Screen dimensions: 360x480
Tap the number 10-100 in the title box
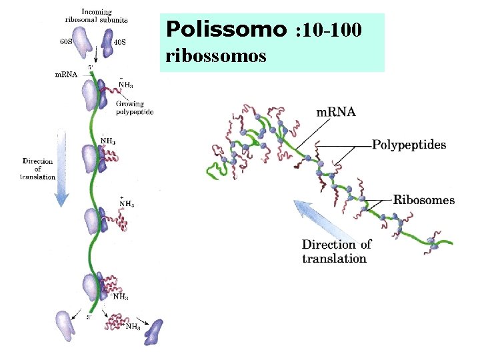pos(331,30)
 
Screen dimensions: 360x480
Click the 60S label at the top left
pos(66,41)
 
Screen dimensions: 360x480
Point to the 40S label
pos(120,41)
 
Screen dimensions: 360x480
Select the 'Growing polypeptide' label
pos(134,108)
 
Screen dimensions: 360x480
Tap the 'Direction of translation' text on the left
pos(39,169)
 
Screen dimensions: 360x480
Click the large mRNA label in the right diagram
pos(335,112)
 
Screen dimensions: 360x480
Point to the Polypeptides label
pos(409,145)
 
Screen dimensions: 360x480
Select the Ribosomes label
pos(424,199)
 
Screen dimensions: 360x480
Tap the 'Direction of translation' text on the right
pos(336,251)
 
